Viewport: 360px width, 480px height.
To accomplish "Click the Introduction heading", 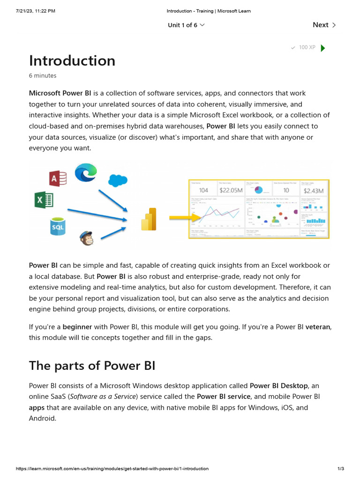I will [72, 60].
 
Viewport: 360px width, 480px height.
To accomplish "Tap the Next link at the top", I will [324, 25].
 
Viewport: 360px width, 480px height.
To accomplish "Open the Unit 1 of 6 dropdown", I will [186, 25].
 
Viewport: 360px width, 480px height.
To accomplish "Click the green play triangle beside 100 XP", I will [322, 48].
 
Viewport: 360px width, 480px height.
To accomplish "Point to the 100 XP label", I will [307, 47].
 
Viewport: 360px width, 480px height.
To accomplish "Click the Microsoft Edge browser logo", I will [86, 172].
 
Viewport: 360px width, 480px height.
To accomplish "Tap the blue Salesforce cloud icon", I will [118, 180].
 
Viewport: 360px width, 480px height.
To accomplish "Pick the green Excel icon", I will [44, 200].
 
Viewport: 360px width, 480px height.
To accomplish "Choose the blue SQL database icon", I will [58, 226].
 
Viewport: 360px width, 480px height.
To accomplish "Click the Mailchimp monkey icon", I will [86, 238].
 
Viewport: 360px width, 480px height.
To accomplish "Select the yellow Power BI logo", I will [149, 219].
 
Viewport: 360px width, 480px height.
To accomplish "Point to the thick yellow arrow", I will [181, 218].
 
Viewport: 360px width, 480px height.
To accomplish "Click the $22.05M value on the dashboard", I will [231, 190].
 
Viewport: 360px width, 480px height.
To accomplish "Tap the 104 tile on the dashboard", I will [203, 190].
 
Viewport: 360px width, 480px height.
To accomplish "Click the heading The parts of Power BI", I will [92, 366].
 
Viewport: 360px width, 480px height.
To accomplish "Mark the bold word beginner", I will [77, 326].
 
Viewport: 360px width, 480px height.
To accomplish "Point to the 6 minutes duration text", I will [43, 75].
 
